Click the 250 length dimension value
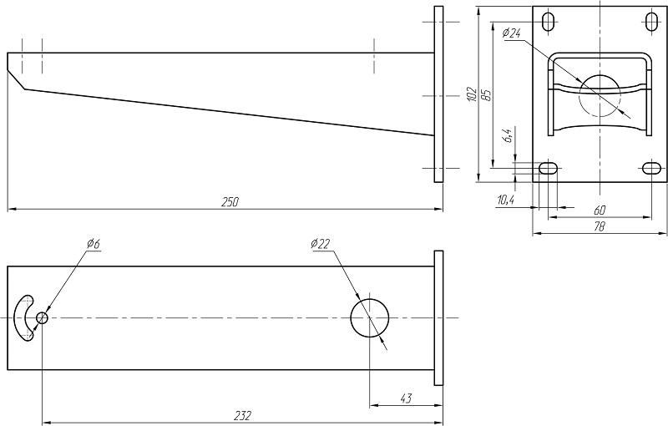click(230, 201)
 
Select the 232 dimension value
click(243, 415)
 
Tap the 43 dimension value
click(406, 398)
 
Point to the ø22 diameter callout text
click(321, 244)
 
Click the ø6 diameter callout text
click(93, 244)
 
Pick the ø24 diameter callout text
click(511, 33)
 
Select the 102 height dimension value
click(471, 94)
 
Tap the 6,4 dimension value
click(508, 135)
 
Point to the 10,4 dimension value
click(505, 200)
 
